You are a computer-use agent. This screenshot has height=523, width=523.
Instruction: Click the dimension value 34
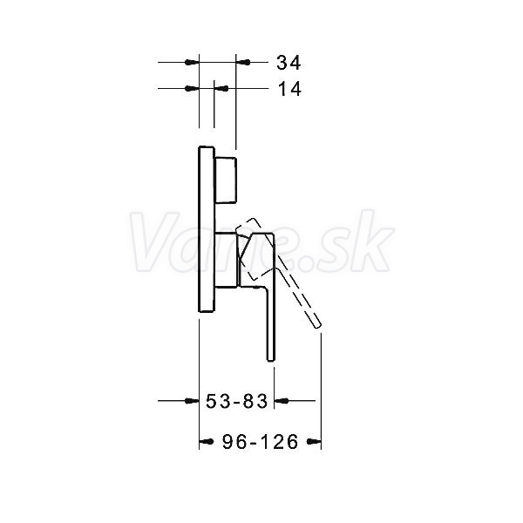tap(289, 63)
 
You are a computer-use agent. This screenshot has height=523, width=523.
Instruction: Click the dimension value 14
tap(289, 89)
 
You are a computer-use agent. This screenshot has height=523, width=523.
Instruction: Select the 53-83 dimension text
tap(236, 401)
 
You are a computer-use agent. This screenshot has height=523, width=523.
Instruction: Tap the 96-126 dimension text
tap(260, 442)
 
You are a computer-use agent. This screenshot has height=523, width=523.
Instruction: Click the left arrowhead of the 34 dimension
tap(192, 62)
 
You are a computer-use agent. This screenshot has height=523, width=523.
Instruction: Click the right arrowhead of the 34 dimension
tap(243, 62)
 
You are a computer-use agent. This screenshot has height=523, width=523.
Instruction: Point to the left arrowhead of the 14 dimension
tap(192, 88)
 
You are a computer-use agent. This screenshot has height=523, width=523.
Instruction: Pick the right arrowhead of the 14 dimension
tap(221, 88)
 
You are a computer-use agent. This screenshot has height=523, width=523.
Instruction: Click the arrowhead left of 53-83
tap(192, 401)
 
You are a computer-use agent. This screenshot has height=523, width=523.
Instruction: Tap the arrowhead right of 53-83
tap(282, 401)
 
